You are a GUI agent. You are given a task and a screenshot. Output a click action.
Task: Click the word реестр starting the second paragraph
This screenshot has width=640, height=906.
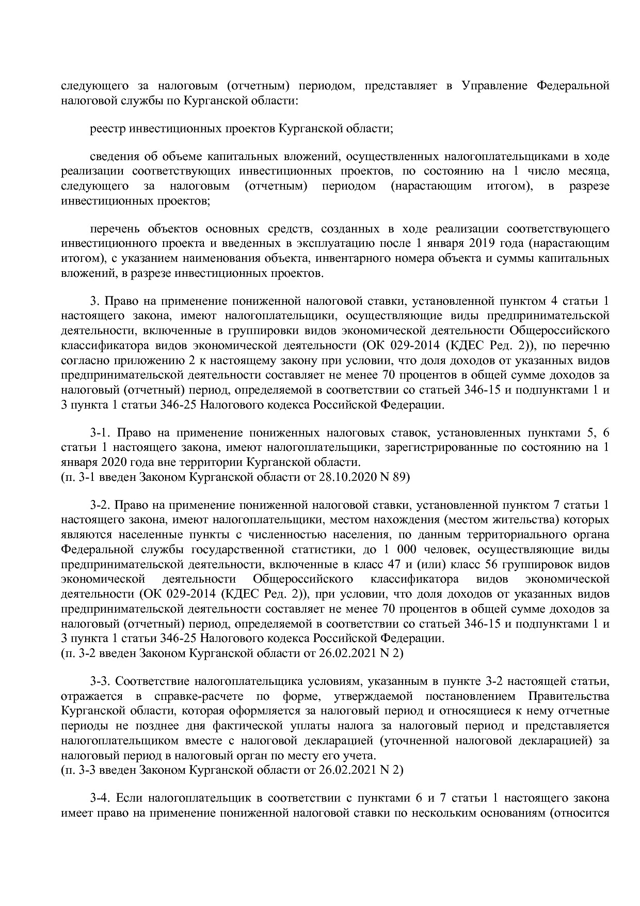click(107, 129)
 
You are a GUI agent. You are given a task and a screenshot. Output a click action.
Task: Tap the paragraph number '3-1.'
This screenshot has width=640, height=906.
click(100, 432)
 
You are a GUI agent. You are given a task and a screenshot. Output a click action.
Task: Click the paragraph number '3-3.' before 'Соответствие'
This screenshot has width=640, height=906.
click(100, 681)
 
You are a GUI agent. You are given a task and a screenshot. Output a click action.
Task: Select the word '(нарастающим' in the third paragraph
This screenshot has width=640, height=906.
click(431, 186)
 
